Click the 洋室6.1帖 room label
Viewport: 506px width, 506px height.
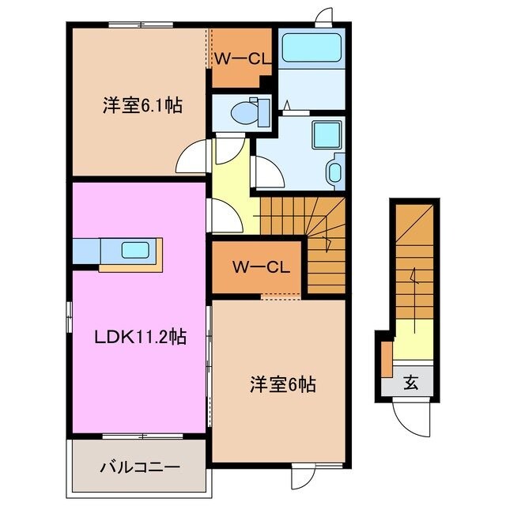[142, 104]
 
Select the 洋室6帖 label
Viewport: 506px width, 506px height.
[283, 385]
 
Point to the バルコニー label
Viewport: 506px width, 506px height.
[140, 466]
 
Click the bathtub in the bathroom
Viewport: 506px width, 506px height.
[311, 48]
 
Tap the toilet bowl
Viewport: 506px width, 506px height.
[246, 111]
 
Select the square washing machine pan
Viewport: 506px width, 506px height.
[326, 134]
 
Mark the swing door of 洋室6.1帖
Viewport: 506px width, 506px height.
[192, 158]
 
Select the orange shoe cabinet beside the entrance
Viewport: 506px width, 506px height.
[386, 357]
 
